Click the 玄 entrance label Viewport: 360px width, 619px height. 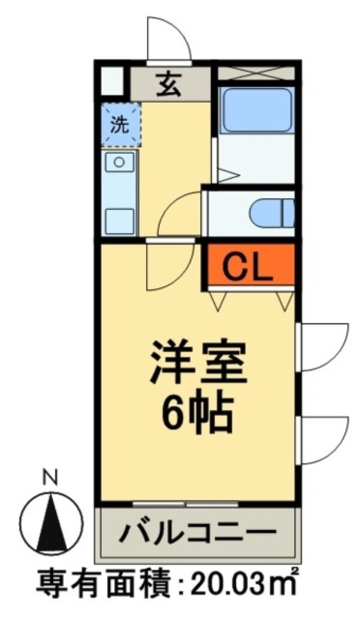point(169,85)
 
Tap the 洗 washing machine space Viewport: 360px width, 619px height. point(121,125)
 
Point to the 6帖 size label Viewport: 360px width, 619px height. point(196,412)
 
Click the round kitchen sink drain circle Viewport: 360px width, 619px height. point(119,161)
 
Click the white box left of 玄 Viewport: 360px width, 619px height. point(111,82)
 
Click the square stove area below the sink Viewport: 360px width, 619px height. point(120,221)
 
